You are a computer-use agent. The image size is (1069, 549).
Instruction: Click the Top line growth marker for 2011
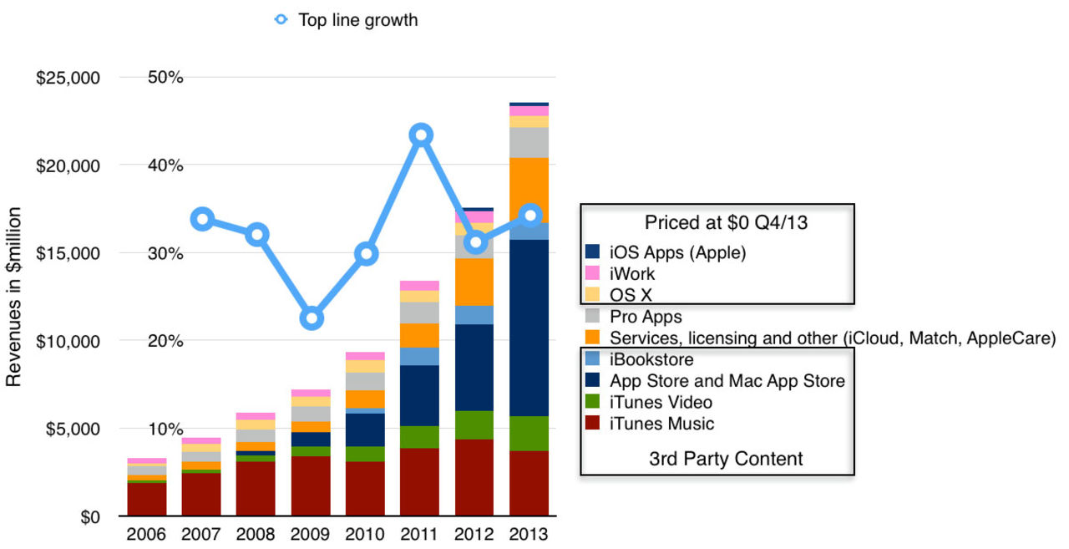click(421, 135)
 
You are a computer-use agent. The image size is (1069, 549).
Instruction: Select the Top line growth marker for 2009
click(312, 318)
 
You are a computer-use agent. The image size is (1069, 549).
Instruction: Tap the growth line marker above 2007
click(202, 219)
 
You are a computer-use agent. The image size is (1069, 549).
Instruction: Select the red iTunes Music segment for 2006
click(147, 499)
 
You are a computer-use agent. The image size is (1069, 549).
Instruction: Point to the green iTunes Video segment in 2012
click(474, 424)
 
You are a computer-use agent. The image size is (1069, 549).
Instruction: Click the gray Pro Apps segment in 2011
click(420, 313)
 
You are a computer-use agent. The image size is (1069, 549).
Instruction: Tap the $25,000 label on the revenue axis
click(68, 79)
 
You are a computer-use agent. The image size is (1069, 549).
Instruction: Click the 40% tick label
click(165, 165)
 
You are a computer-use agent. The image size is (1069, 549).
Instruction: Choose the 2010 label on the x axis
click(366, 535)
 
